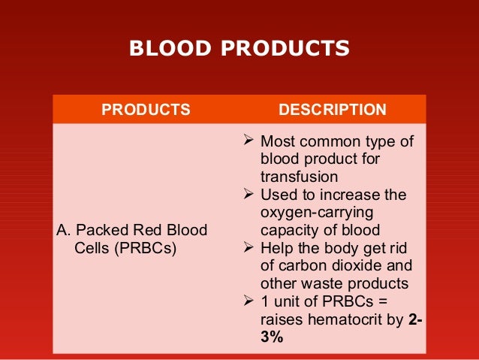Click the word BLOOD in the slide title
tap(161, 49)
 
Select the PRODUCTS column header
tap(146, 110)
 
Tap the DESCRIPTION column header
tap(333, 110)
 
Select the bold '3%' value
tap(272, 337)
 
